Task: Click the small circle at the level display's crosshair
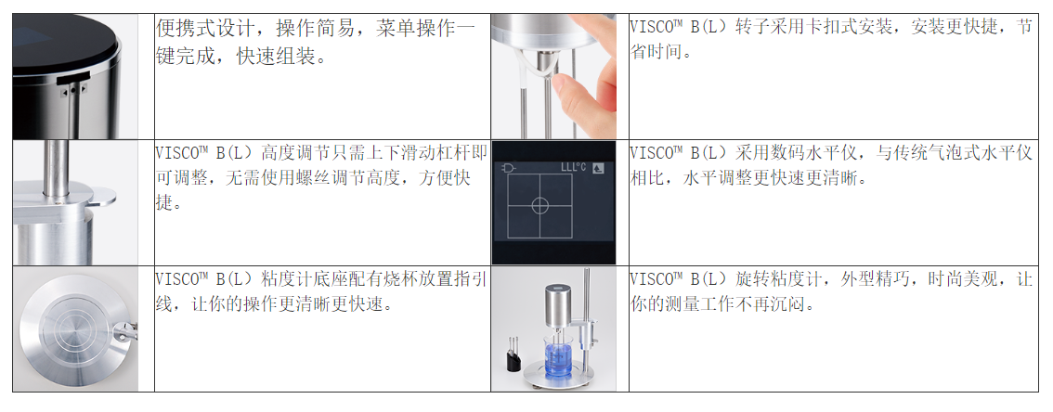(x=539, y=205)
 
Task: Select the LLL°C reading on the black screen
(x=573, y=167)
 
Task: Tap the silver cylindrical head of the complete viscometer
(x=559, y=304)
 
